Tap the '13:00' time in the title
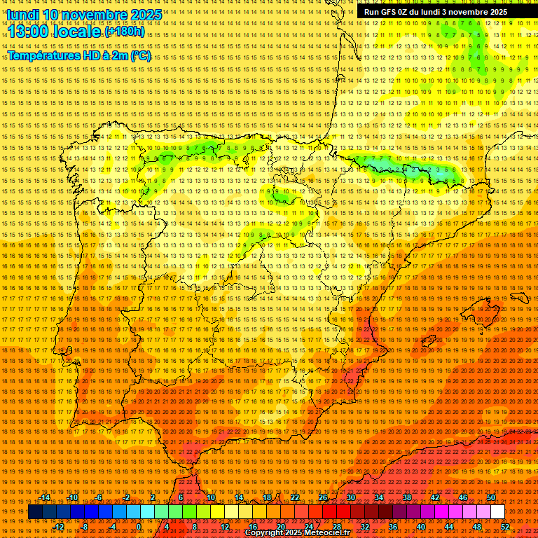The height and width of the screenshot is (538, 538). (29, 32)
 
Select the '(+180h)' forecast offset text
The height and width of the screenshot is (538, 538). (125, 32)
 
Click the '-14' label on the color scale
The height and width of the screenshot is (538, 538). (45, 498)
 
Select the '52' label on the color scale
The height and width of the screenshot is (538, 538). (505, 527)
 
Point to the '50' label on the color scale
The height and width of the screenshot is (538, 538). (491, 498)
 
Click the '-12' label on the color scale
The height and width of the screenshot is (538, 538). (59, 527)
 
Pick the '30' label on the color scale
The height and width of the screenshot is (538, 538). (351, 498)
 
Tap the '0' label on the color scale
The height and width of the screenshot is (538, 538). (139, 527)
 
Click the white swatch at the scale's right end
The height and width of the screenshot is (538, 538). (497, 512)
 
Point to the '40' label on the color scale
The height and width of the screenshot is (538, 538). (421, 527)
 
